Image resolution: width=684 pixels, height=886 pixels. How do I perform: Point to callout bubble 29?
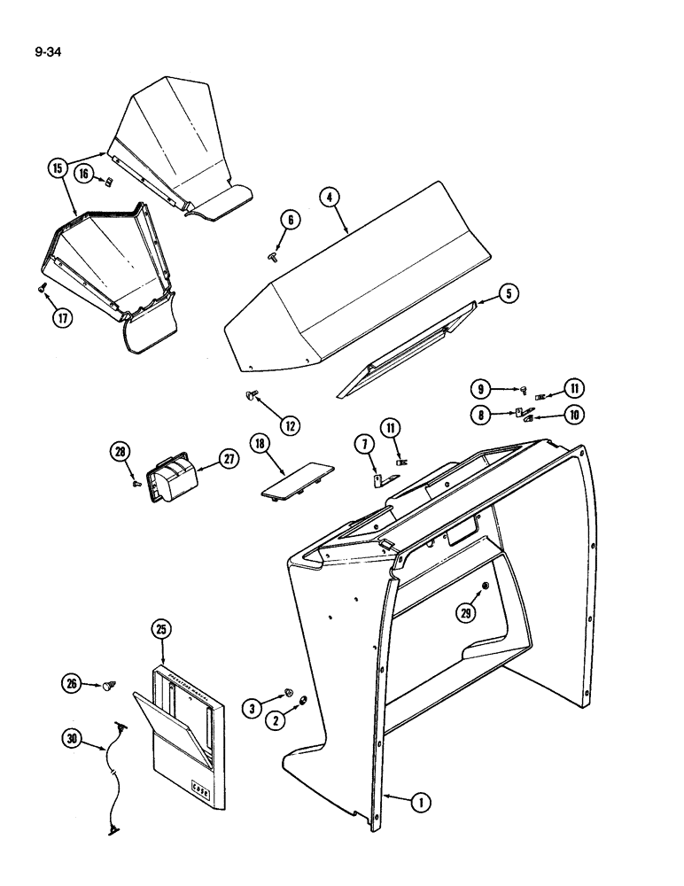[x=465, y=611]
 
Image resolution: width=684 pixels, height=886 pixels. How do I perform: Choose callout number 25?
[x=160, y=631]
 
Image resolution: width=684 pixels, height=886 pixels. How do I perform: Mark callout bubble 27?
[x=229, y=460]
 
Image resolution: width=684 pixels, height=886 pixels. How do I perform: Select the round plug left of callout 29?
[x=486, y=589]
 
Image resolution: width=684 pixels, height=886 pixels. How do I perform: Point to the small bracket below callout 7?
[x=376, y=479]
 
